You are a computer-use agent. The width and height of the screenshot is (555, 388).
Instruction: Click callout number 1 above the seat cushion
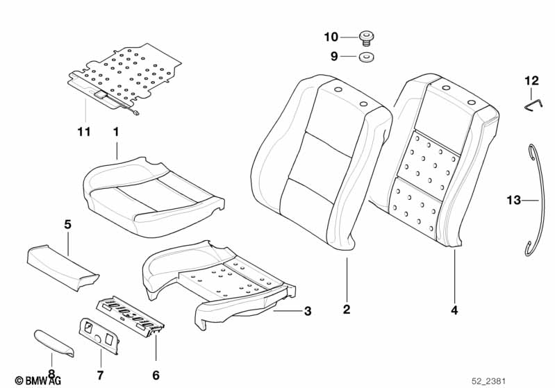coord(116,130)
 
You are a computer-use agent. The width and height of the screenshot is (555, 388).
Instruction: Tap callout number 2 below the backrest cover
coord(346,310)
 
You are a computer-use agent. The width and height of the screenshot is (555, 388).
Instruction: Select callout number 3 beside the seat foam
coord(308,312)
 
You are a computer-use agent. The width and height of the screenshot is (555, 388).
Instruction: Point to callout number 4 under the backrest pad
coord(454,310)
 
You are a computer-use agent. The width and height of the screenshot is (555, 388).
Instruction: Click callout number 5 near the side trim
coord(67,223)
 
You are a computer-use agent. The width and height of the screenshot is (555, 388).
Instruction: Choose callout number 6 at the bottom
coord(156,375)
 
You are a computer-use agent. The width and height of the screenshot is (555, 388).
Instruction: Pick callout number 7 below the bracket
coord(99,375)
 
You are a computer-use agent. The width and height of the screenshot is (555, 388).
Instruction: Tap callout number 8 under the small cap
coord(50,376)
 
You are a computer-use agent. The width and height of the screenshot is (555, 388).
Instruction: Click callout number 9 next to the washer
coord(333,57)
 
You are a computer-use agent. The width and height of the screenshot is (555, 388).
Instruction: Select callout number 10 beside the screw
coord(331,36)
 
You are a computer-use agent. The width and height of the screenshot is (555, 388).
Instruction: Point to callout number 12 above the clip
coord(531,81)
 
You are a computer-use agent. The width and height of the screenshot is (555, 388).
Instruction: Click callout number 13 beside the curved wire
coord(513,200)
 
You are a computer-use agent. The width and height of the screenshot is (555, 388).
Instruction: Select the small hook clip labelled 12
coord(531,103)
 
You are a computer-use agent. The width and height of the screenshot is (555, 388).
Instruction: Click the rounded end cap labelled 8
coord(53,341)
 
